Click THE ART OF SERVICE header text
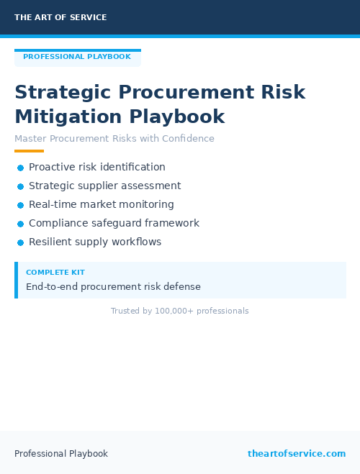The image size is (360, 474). pos(60,17)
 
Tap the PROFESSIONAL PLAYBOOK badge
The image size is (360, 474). pos(77,57)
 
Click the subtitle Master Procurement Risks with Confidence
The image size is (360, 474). pos(114,139)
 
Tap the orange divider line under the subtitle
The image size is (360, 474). pos(29,151)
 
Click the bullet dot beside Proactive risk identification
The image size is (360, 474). pos(21,168)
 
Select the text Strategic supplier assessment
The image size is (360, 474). pos(105,186)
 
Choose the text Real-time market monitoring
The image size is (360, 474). pos(102,204)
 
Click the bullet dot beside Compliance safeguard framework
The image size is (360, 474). pos(21,224)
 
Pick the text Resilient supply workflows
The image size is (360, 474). pos(95,242)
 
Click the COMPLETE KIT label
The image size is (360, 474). pos(55,273)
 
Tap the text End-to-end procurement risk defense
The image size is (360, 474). pos(113,286)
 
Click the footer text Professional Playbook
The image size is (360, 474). pos(61,454)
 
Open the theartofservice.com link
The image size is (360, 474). pos(297,454)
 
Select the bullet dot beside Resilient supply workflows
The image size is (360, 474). pos(21,242)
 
